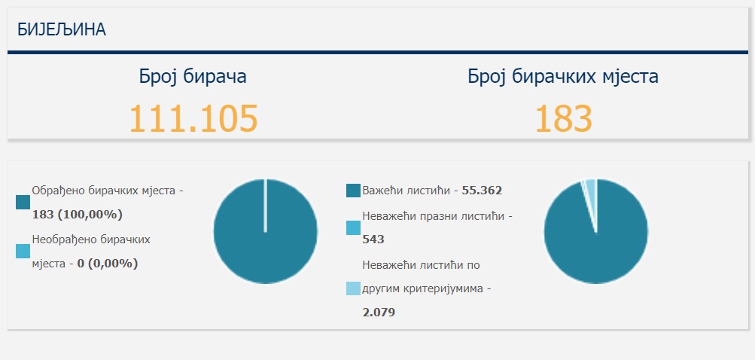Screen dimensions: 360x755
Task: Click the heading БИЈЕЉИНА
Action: (x=62, y=29)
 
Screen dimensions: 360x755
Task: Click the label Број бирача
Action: (x=193, y=76)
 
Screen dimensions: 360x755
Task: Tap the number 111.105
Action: (x=193, y=118)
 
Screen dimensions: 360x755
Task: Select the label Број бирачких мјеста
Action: (x=563, y=76)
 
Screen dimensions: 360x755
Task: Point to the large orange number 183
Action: (x=563, y=118)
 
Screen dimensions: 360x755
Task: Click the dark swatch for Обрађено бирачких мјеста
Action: (x=23, y=202)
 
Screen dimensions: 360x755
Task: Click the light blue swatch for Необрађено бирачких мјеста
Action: (x=23, y=252)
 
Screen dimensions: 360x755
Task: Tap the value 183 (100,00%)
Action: (x=78, y=215)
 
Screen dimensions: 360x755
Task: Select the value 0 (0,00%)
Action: (x=108, y=264)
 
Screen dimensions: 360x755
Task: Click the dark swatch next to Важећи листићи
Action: (x=353, y=191)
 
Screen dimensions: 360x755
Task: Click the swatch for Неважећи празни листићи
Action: (x=353, y=227)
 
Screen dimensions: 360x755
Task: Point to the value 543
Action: (x=373, y=239)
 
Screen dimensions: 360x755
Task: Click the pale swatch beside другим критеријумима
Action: (x=353, y=288)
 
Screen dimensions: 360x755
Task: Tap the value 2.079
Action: (x=379, y=312)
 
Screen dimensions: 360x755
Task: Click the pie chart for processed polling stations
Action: (x=265, y=231)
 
